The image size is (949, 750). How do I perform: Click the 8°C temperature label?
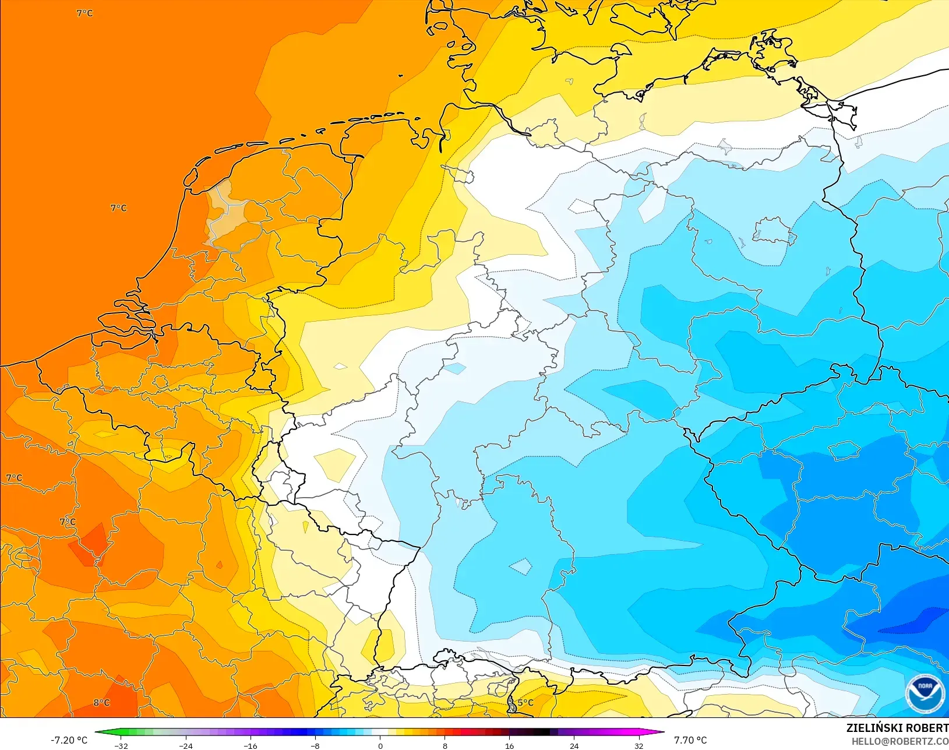[x=101, y=702]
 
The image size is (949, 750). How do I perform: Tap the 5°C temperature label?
[x=525, y=702]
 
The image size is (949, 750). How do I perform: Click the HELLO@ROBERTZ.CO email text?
[x=899, y=741]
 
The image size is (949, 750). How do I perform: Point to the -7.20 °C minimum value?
[x=69, y=740]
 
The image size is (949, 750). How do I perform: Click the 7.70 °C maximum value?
[x=690, y=740]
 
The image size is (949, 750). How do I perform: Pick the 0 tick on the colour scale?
[x=380, y=746]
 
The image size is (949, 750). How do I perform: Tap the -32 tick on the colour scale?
[x=121, y=746]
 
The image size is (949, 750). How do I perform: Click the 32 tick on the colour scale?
[x=638, y=746]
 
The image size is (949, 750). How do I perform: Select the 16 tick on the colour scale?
[x=509, y=746]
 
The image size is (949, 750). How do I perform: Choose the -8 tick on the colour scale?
[x=315, y=746]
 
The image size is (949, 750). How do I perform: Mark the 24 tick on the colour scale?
[x=574, y=746]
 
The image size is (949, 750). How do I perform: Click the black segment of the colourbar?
[x=542, y=733]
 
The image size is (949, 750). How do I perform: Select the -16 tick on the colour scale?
[x=250, y=746]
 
